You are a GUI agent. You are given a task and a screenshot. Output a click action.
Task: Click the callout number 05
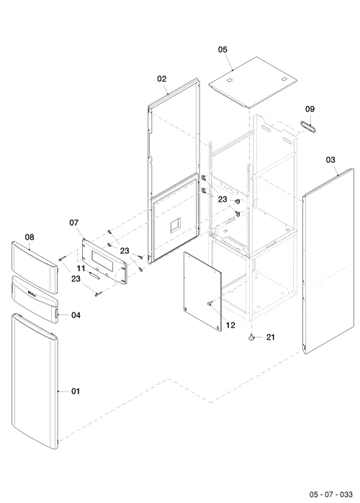[x=222, y=50]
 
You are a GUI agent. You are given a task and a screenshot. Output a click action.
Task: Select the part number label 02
[x=162, y=79]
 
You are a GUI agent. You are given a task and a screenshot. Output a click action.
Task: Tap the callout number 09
[x=310, y=109]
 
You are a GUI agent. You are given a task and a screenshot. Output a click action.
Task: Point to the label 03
[x=330, y=160]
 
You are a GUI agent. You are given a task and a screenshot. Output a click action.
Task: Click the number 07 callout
[x=73, y=222]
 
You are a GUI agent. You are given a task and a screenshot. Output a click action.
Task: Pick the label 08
[x=30, y=237]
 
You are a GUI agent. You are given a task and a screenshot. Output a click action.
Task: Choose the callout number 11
[x=81, y=268]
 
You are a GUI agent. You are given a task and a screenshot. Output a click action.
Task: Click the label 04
[x=76, y=315]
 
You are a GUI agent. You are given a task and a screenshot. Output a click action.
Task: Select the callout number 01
[x=76, y=391]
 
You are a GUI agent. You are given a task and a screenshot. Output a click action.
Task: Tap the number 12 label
[x=230, y=325]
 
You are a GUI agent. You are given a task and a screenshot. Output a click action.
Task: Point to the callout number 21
[x=271, y=337]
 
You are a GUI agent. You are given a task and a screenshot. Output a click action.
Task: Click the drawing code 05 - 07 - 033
[x=330, y=494]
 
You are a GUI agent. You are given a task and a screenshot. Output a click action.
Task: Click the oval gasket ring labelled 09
[x=309, y=126]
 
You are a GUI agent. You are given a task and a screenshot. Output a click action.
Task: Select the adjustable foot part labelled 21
[x=251, y=337]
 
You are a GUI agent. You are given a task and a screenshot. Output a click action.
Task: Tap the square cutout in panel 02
[x=175, y=225]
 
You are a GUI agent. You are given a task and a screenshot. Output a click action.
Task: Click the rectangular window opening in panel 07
[x=102, y=259]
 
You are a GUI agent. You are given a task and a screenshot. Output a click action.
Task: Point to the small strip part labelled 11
[x=94, y=275]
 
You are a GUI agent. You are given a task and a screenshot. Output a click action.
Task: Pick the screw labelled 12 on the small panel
[x=210, y=303]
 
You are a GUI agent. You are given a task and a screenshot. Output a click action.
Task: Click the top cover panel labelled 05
[x=253, y=82]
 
